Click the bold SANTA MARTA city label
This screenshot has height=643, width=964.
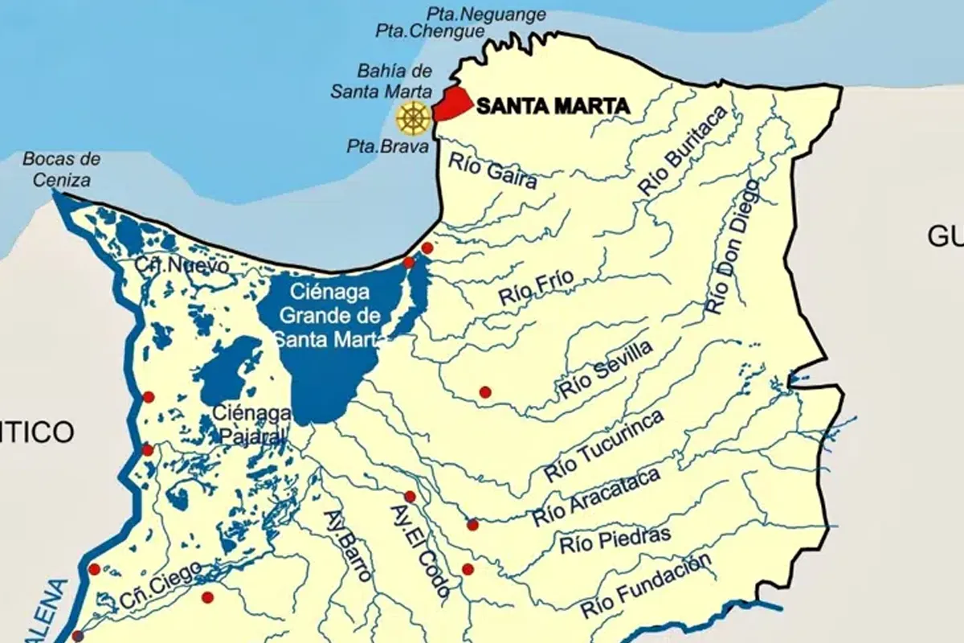point(553,106)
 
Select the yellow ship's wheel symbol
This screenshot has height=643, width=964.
point(413,117)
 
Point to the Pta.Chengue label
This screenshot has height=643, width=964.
point(431,32)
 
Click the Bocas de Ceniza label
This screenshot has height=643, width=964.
point(61,170)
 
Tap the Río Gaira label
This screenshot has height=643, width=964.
point(492,170)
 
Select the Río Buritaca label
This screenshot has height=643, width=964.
point(683,151)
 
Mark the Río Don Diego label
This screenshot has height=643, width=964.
point(731,246)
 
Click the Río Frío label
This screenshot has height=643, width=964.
point(536,287)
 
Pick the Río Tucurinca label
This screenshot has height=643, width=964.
point(605,447)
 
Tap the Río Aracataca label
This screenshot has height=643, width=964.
point(595,498)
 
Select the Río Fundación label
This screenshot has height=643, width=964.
point(647,587)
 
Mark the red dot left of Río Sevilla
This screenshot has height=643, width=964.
point(485,392)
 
